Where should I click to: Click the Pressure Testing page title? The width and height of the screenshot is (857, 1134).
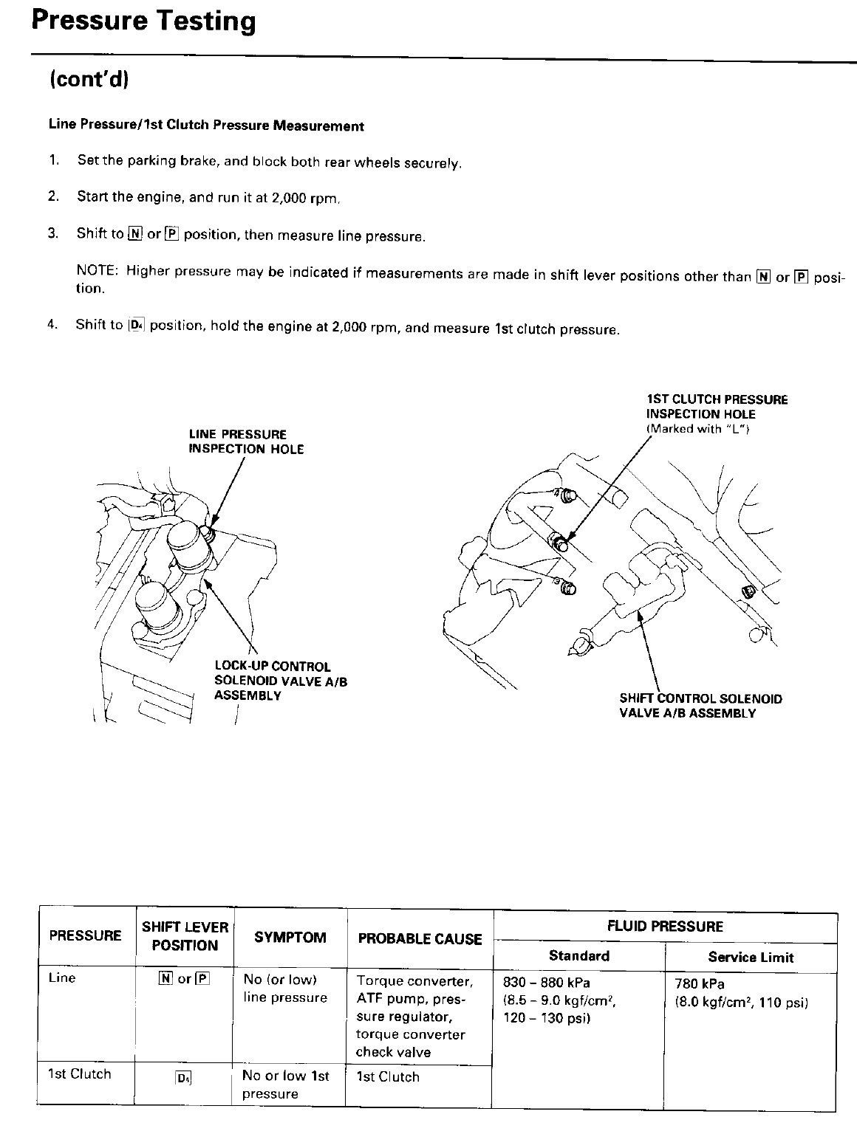(143, 22)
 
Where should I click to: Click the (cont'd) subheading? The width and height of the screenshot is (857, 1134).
(89, 79)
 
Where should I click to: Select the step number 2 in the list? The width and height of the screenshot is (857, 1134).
(52, 196)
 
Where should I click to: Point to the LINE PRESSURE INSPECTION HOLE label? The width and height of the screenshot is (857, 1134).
(245, 441)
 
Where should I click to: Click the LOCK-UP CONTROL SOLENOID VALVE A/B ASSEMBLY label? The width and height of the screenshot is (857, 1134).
(280, 681)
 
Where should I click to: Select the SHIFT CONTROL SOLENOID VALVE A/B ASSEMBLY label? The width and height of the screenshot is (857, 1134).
(700, 706)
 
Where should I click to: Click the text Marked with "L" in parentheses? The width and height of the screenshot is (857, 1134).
(697, 429)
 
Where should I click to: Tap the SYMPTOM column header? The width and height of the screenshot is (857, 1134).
(290, 938)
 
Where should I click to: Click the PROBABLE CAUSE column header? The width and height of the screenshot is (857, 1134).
(420, 939)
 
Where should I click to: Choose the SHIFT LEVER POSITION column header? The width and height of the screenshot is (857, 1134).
(185, 936)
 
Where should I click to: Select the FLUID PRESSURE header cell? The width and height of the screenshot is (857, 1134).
(664, 926)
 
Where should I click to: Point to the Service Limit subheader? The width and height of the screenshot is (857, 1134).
(750, 958)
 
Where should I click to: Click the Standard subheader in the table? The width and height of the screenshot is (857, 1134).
(578, 956)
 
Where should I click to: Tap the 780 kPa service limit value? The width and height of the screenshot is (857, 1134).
(700, 984)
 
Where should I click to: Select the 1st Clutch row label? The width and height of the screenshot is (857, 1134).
(79, 1074)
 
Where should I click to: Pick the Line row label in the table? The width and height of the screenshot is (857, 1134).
(62, 978)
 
